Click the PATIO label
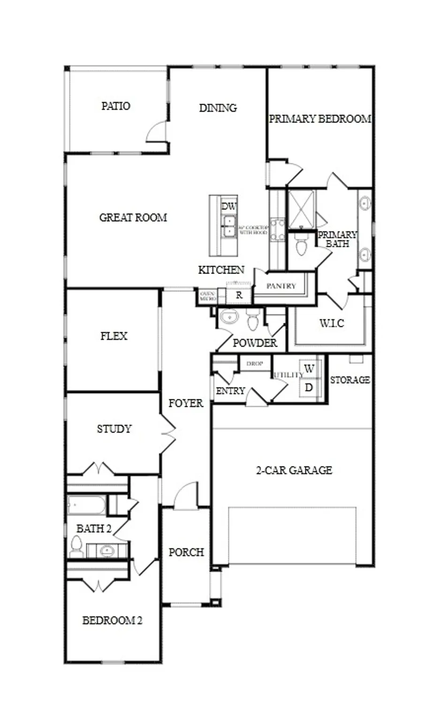point(116,106)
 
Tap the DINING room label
point(218,108)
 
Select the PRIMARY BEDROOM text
point(320,119)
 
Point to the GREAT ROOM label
point(133,218)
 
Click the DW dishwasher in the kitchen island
point(229,207)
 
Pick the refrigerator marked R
point(239,296)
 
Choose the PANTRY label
point(281,286)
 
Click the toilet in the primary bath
point(301,245)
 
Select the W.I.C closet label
point(332,323)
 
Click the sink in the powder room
point(230,317)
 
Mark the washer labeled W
point(309,369)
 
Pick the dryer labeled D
point(309,388)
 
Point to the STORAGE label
point(350,380)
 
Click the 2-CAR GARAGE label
point(294,470)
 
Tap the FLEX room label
point(114,336)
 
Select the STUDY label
point(114,429)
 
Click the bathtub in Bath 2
point(87,505)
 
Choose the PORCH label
point(186,552)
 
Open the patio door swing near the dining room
point(157,133)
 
